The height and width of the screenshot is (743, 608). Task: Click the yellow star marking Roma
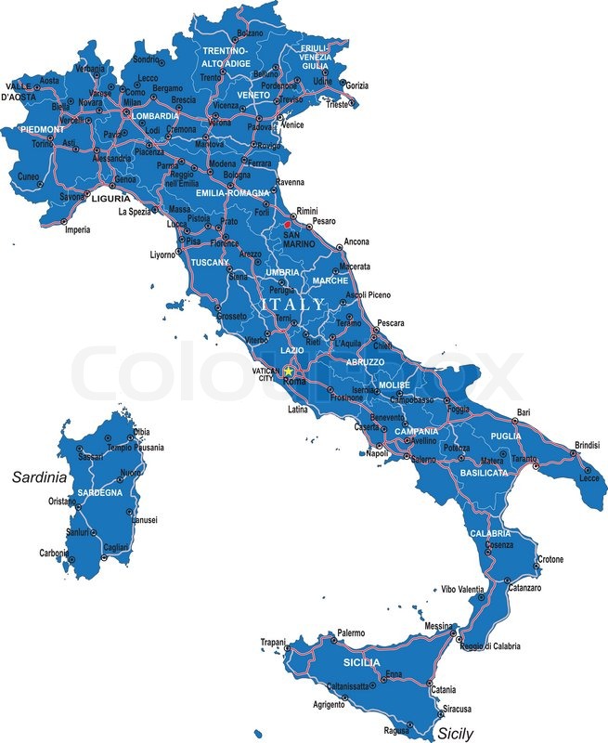288,371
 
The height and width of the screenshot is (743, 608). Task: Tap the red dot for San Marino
288,224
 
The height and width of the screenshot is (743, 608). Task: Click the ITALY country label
293,304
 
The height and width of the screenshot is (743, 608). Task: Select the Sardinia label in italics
39,477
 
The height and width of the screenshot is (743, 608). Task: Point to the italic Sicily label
455,733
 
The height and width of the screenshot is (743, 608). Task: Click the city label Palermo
350,632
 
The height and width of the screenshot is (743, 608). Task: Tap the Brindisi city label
587,445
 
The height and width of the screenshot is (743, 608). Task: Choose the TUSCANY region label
210,263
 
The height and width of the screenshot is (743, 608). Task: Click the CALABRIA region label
489,533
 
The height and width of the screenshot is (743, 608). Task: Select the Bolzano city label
250,33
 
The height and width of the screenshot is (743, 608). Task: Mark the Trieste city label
336,105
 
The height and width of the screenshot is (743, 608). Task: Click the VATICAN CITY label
265,374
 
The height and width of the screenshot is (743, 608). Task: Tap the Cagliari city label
116,548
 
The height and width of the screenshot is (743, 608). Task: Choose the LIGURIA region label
110,199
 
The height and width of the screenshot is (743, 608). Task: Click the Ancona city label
356,241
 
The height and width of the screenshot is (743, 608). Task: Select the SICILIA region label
360,662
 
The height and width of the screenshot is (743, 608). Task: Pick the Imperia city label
77,229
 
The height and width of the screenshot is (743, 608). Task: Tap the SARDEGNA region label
99,492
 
